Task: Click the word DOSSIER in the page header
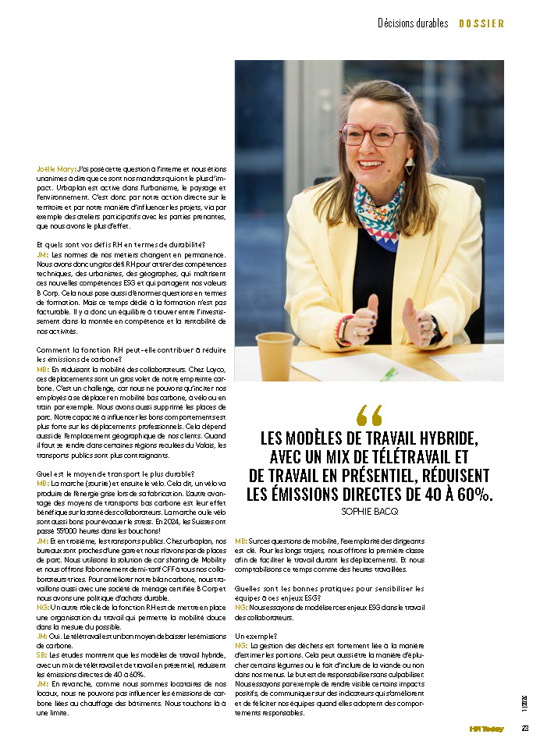point(481,23)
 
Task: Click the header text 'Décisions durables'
point(413,23)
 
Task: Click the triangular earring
point(410,165)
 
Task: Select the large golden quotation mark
point(369,414)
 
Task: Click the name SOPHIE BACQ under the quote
point(369,511)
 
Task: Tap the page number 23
point(525,729)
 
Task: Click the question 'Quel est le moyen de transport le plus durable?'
point(115,474)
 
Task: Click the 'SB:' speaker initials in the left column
point(41,654)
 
